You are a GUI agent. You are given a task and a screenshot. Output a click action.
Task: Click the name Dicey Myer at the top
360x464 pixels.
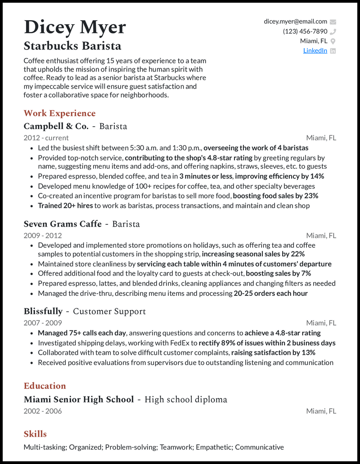(75, 27)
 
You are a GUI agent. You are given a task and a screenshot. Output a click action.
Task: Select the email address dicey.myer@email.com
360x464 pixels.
(295, 22)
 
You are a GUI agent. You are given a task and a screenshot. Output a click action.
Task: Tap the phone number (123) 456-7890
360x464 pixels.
(305, 31)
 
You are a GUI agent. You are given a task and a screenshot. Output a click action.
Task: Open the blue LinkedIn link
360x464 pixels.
(315, 50)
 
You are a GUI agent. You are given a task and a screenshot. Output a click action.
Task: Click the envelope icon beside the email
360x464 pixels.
(333, 22)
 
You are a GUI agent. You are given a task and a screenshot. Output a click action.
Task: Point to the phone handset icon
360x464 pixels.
(333, 31)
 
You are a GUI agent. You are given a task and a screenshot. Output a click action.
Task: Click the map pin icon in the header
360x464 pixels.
(333, 41)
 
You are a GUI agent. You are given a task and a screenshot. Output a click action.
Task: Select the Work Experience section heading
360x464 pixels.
(59, 113)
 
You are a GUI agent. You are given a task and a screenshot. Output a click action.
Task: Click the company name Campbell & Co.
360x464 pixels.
(56, 126)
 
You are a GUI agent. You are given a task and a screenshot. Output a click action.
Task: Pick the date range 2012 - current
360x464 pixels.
(46, 138)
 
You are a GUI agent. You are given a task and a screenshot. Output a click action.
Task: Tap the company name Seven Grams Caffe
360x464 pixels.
(63, 224)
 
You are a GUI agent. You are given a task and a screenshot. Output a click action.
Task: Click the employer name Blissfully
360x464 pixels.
(43, 311)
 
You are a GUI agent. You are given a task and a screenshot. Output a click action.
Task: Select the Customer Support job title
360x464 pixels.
(109, 311)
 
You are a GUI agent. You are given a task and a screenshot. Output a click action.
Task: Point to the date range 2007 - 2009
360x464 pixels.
(43, 323)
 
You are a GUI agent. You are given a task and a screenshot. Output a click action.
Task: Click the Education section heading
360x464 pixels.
(45, 386)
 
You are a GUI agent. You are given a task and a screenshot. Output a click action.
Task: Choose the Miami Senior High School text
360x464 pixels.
(79, 399)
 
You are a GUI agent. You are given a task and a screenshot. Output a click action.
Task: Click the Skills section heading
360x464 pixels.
(35, 434)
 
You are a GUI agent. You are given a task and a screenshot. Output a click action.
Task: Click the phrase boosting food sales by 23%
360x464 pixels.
(275, 196)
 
